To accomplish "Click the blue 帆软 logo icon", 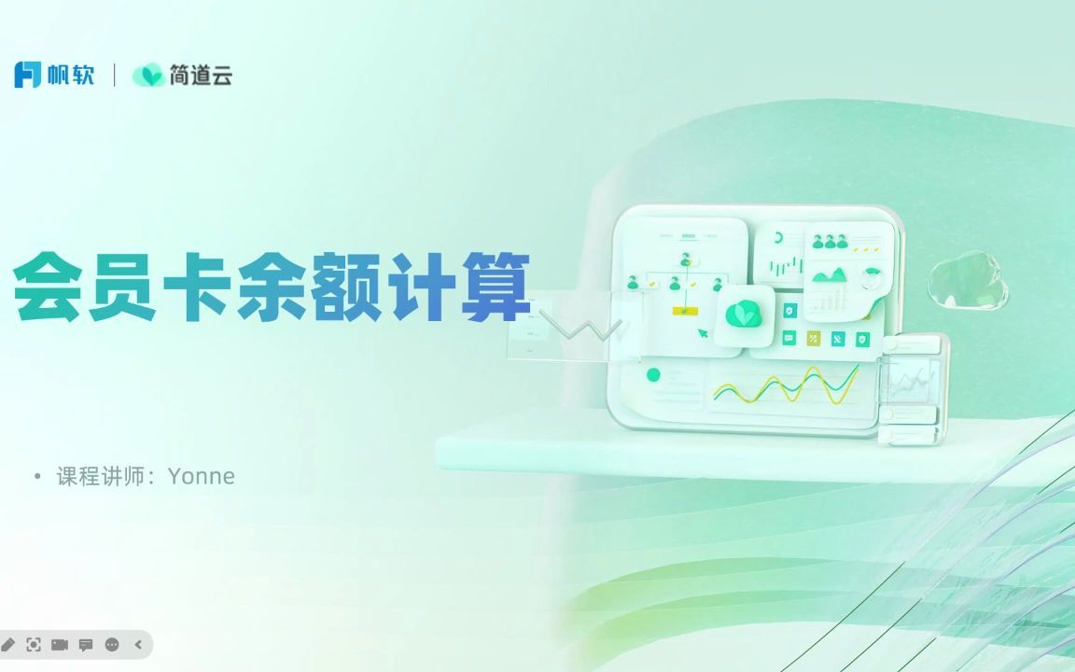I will tap(28, 75).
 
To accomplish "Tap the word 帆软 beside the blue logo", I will tap(72, 75).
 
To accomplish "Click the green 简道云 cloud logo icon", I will tap(147, 75).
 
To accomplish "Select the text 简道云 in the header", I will tap(201, 75).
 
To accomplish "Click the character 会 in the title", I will tap(47, 287).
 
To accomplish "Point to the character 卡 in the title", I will tap(196, 287).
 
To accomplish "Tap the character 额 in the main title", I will tap(346, 287).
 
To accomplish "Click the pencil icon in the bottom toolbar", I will tap(8, 644).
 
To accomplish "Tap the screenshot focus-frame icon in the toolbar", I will tap(35, 644).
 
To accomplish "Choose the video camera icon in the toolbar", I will tap(61, 644).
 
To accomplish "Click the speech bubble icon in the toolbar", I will tap(86, 644).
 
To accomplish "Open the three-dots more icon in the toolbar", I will tap(112, 644).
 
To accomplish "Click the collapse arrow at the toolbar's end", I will tap(138, 644).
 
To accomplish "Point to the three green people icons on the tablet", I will tap(830, 242).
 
